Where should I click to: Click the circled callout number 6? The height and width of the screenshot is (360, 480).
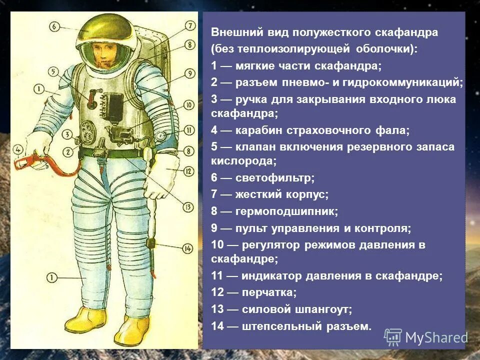click(55, 26)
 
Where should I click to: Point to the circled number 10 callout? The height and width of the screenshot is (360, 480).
click(188, 105)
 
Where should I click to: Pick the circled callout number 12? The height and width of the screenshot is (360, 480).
click(188, 171)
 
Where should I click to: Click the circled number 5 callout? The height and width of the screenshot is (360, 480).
click(54, 72)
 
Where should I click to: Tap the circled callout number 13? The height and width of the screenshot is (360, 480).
click(188, 206)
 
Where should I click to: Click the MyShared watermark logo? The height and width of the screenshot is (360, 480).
click(425, 337)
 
